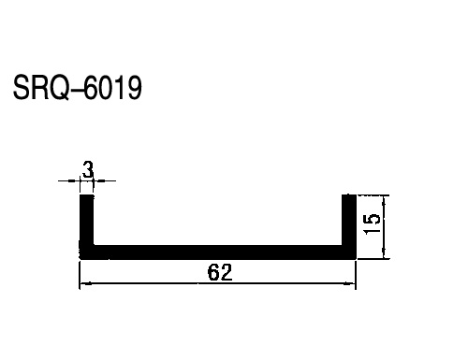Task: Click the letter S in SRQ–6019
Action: pyautogui.click(x=22, y=87)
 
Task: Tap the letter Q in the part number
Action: pyautogui.click(x=59, y=88)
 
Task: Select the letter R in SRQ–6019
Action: pyautogui.click(x=39, y=87)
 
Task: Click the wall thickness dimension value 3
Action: pyautogui.click(x=88, y=169)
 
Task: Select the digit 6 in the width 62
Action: pyautogui.click(x=213, y=272)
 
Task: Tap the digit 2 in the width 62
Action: pyautogui.click(x=227, y=272)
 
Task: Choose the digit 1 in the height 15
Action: pyautogui.click(x=372, y=230)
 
